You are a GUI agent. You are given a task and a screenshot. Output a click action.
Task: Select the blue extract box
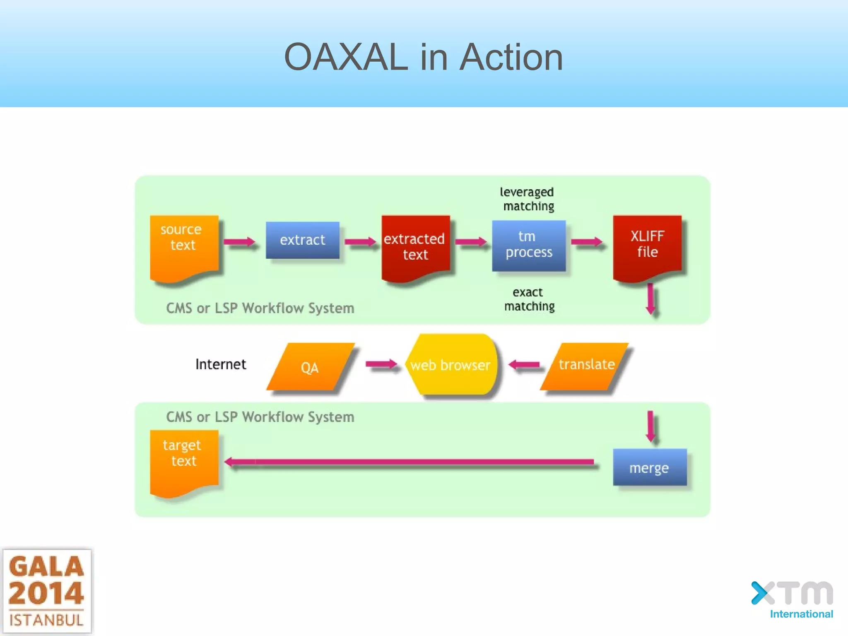click(302, 240)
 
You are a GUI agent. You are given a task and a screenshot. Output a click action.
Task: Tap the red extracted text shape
click(415, 247)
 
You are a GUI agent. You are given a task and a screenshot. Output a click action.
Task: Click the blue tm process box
click(528, 245)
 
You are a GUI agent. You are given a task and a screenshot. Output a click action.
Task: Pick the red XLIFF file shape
click(647, 246)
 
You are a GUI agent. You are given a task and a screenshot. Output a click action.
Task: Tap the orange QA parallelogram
click(310, 367)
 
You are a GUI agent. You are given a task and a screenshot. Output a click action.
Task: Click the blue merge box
click(649, 467)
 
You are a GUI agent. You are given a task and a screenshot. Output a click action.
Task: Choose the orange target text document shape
click(184, 461)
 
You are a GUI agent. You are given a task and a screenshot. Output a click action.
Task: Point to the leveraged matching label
click(527, 199)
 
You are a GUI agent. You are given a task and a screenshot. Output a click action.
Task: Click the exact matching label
click(529, 299)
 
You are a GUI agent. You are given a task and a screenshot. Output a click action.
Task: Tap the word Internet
click(220, 364)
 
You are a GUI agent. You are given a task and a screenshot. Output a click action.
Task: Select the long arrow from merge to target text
click(410, 462)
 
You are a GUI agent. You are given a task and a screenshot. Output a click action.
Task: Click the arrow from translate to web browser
click(524, 365)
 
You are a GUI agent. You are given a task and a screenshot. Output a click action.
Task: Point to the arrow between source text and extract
click(239, 241)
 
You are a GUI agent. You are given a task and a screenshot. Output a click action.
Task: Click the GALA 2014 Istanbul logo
click(46, 591)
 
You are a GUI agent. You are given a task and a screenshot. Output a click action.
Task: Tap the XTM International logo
click(792, 600)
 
